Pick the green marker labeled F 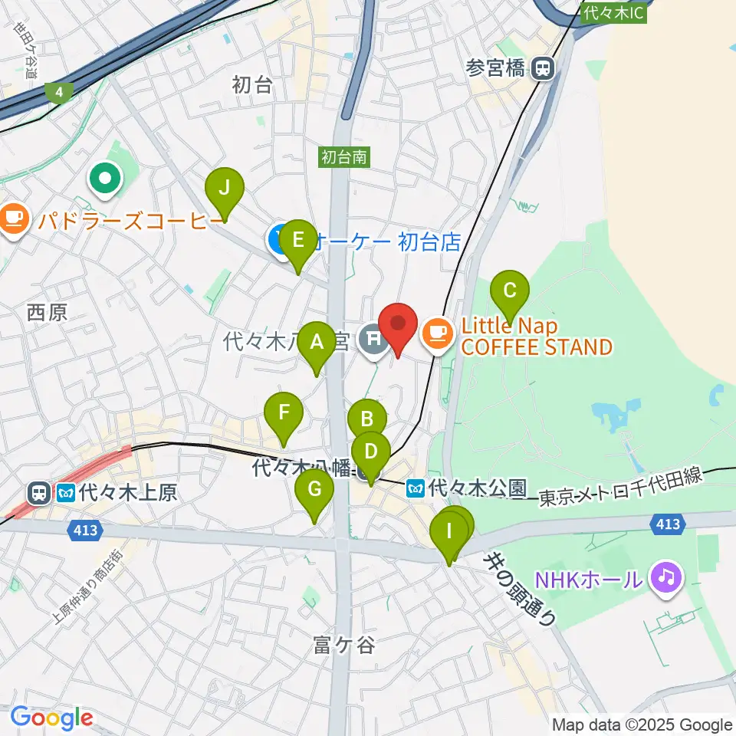click(284, 414)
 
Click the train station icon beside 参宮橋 click(543, 69)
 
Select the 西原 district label click(47, 312)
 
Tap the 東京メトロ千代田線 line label click(620, 488)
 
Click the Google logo click(51, 718)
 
